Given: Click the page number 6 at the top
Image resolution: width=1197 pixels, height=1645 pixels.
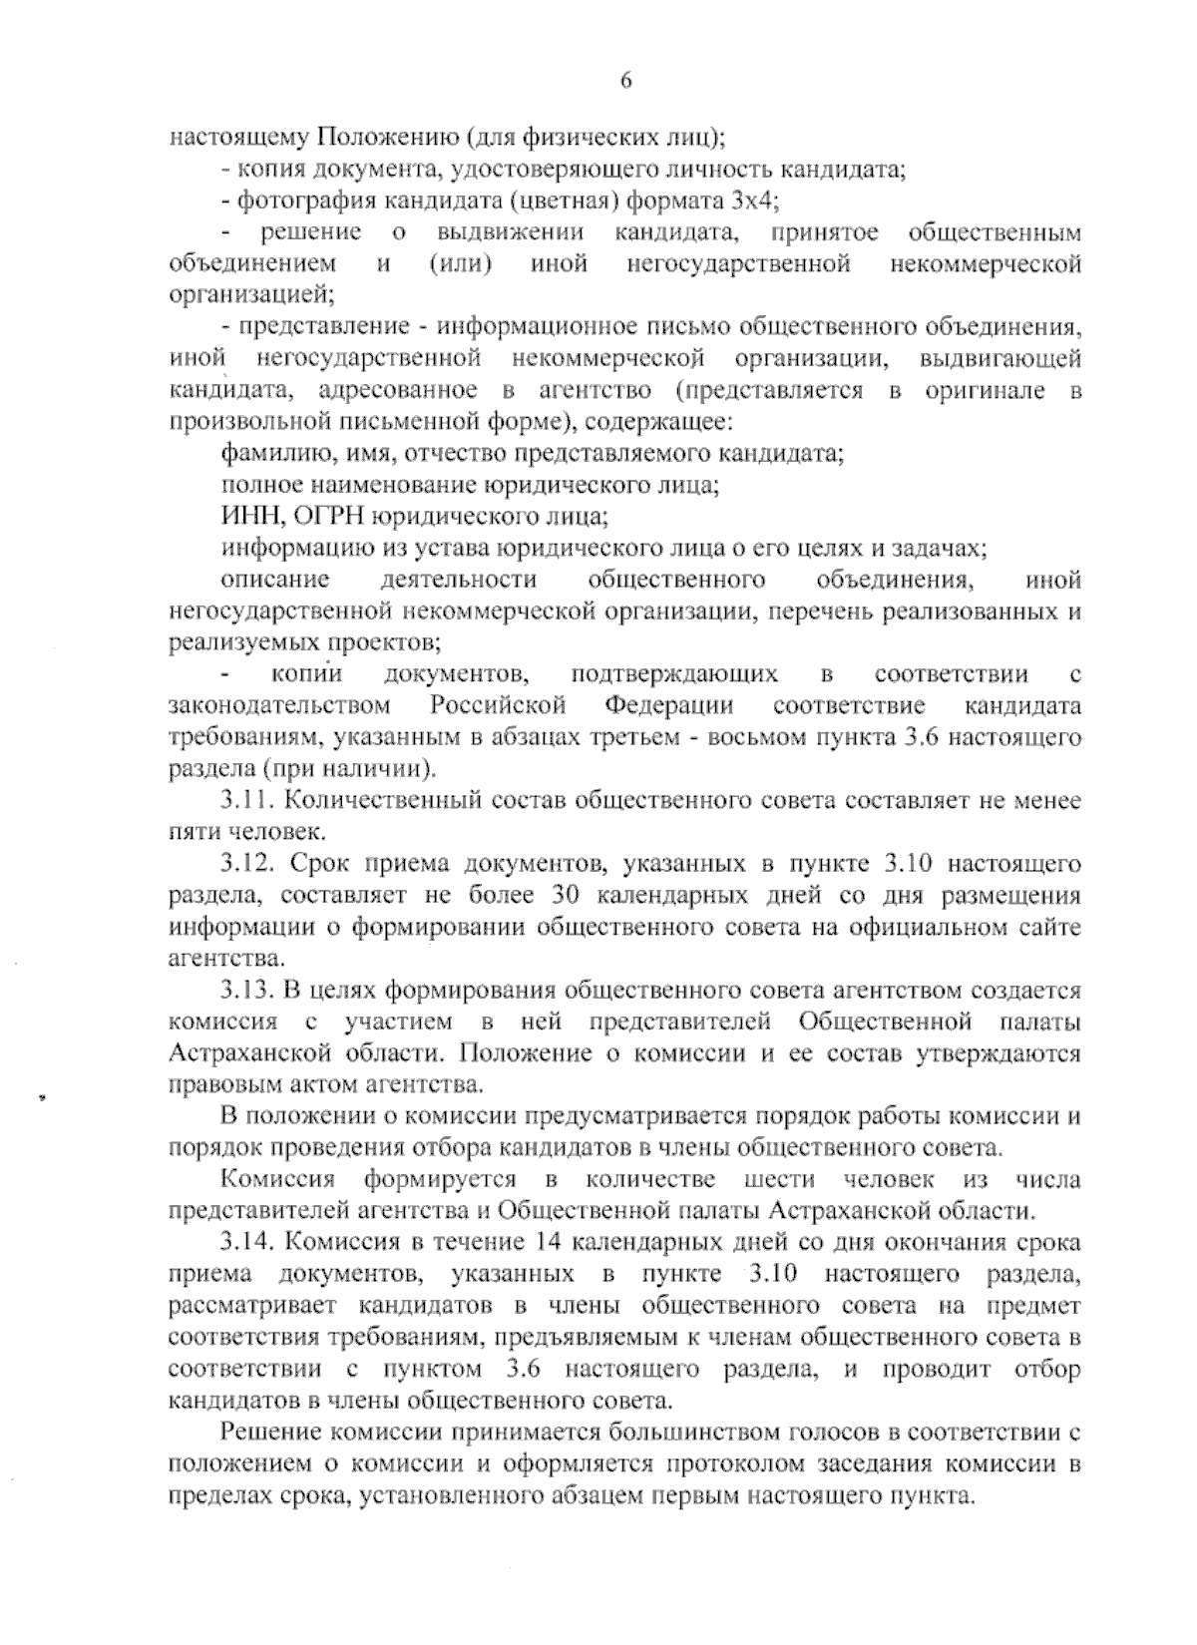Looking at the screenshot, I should pyautogui.click(x=626, y=81).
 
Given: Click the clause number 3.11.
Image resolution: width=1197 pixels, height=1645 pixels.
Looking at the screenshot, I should pyautogui.click(x=248, y=801).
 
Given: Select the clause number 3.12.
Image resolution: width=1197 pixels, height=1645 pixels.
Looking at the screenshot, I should pyautogui.click(x=248, y=864).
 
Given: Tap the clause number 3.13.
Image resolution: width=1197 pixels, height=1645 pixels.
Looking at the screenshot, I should pyautogui.click(x=248, y=991).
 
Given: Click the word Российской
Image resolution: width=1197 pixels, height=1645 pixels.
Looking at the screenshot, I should pyautogui.click(x=499, y=706).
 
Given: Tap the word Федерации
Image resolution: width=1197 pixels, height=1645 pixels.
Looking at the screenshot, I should pyautogui.click(x=669, y=706).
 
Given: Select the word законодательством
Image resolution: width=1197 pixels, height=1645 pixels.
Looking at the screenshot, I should pyautogui.click(x=280, y=706).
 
